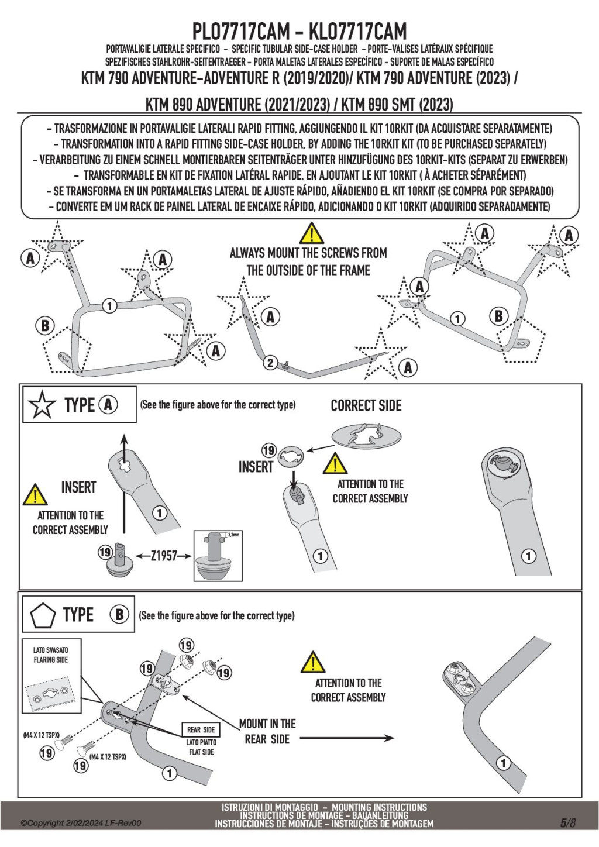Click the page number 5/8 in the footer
point(568,822)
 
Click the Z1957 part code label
point(164,556)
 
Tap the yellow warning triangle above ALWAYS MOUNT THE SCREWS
point(311,233)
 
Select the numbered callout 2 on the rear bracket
point(270,363)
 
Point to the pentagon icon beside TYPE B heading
point(43,615)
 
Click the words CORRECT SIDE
point(366,405)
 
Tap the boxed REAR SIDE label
point(201,730)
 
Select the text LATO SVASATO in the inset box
point(51,650)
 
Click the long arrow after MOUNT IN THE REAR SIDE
point(346,738)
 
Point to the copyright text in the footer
point(81,823)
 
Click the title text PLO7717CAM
point(241,31)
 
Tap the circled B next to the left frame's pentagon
point(45,326)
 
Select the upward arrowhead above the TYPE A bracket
point(125,440)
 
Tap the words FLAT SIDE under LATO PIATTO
point(201,752)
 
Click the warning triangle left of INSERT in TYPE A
point(35,494)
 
